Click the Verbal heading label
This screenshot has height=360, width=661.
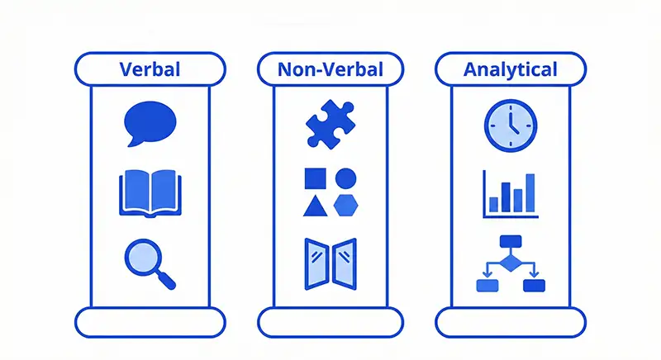pos(150,69)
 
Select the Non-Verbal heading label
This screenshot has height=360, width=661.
pos(330,69)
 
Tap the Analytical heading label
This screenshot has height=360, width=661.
pos(511,69)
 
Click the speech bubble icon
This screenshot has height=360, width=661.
pos(150,124)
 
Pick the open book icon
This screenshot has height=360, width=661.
pos(150,194)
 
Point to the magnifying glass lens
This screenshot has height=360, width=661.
pos(143,258)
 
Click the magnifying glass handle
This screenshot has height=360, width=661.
pos(167,281)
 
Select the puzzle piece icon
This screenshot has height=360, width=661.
pos(330,124)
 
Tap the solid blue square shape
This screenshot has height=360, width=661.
pos(316,178)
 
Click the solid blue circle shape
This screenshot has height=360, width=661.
pos(345,178)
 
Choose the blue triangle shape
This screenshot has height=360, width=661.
pos(316,206)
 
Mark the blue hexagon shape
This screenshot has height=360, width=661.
pos(345,206)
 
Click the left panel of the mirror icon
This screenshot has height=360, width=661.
pos(316,264)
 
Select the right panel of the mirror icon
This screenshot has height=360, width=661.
pos(345,264)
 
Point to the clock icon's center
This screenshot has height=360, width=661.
pos(511,126)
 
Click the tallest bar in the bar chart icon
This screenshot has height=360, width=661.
pos(530,193)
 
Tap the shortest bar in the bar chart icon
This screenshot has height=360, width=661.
pos(493,205)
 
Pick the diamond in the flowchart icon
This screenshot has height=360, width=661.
pos(511,263)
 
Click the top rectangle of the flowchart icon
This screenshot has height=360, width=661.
pos(511,241)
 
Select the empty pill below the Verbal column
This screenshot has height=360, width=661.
pos(150,323)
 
